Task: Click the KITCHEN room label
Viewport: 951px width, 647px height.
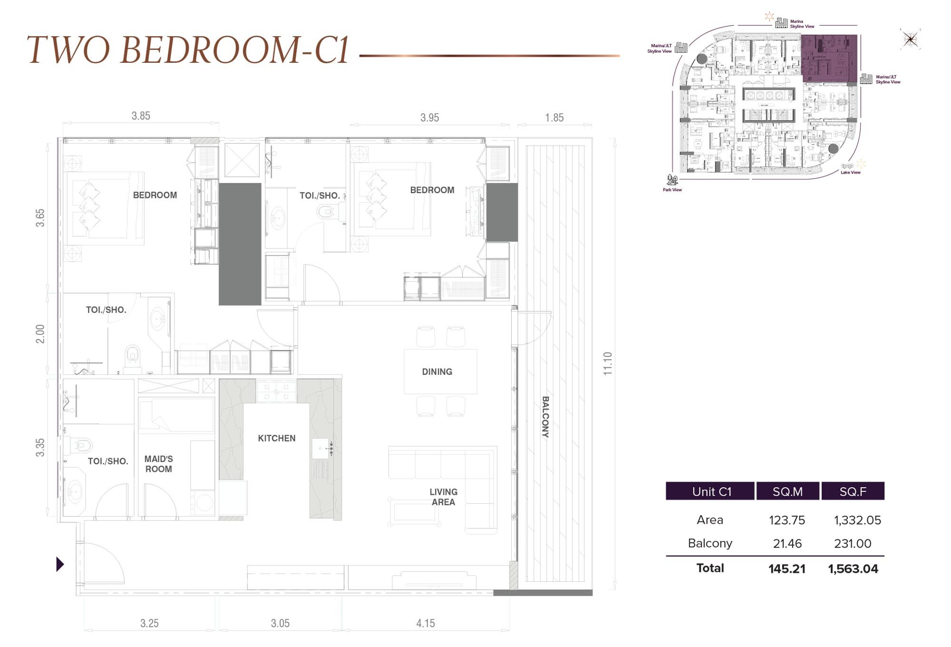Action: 276,438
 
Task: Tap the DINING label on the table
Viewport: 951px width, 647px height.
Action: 437,372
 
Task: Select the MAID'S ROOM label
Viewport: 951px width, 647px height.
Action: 158,464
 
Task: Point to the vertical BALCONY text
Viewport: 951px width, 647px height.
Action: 545,417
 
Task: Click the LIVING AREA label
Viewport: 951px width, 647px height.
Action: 443,497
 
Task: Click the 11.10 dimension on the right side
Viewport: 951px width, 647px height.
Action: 608,364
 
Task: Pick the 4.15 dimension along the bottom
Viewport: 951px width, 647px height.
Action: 425,623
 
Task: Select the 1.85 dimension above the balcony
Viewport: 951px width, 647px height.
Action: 554,118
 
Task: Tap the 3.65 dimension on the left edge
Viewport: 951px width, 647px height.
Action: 40,217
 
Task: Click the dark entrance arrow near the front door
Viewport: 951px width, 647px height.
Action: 60,564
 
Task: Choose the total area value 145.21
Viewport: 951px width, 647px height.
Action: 786,569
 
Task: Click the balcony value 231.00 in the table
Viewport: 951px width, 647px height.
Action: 852,543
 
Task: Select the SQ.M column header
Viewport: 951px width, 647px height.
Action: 787,491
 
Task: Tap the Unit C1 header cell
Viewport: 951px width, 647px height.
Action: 711,491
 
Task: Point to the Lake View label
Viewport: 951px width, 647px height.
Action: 850,172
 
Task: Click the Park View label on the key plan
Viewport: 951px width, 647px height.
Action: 672,189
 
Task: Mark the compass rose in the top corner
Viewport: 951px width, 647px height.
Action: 910,39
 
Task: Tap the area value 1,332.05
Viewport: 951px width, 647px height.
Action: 857,520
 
